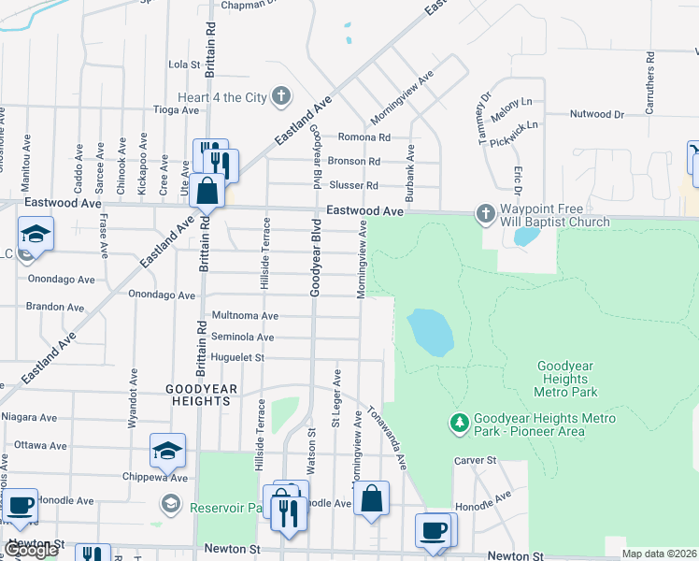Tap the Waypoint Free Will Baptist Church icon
pyautogui.click(x=485, y=214)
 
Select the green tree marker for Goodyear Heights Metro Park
pyautogui.click(x=459, y=424)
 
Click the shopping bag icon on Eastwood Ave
pyautogui.click(x=207, y=191)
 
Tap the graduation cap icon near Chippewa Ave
pyautogui.click(x=167, y=451)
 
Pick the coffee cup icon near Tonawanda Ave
pyautogui.click(x=432, y=530)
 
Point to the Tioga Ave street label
pyautogui.click(x=177, y=109)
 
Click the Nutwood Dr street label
pyautogui.click(x=596, y=114)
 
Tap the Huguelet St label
pyautogui.click(x=238, y=357)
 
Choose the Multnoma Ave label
pyautogui.click(x=245, y=316)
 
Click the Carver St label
pyautogui.click(x=474, y=460)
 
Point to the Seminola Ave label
pyautogui.click(x=242, y=337)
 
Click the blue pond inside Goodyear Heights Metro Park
pyautogui.click(x=430, y=332)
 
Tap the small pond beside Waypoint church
pyautogui.click(x=526, y=235)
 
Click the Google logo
pyautogui.click(x=30, y=550)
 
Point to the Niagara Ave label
pyautogui.click(x=29, y=417)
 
